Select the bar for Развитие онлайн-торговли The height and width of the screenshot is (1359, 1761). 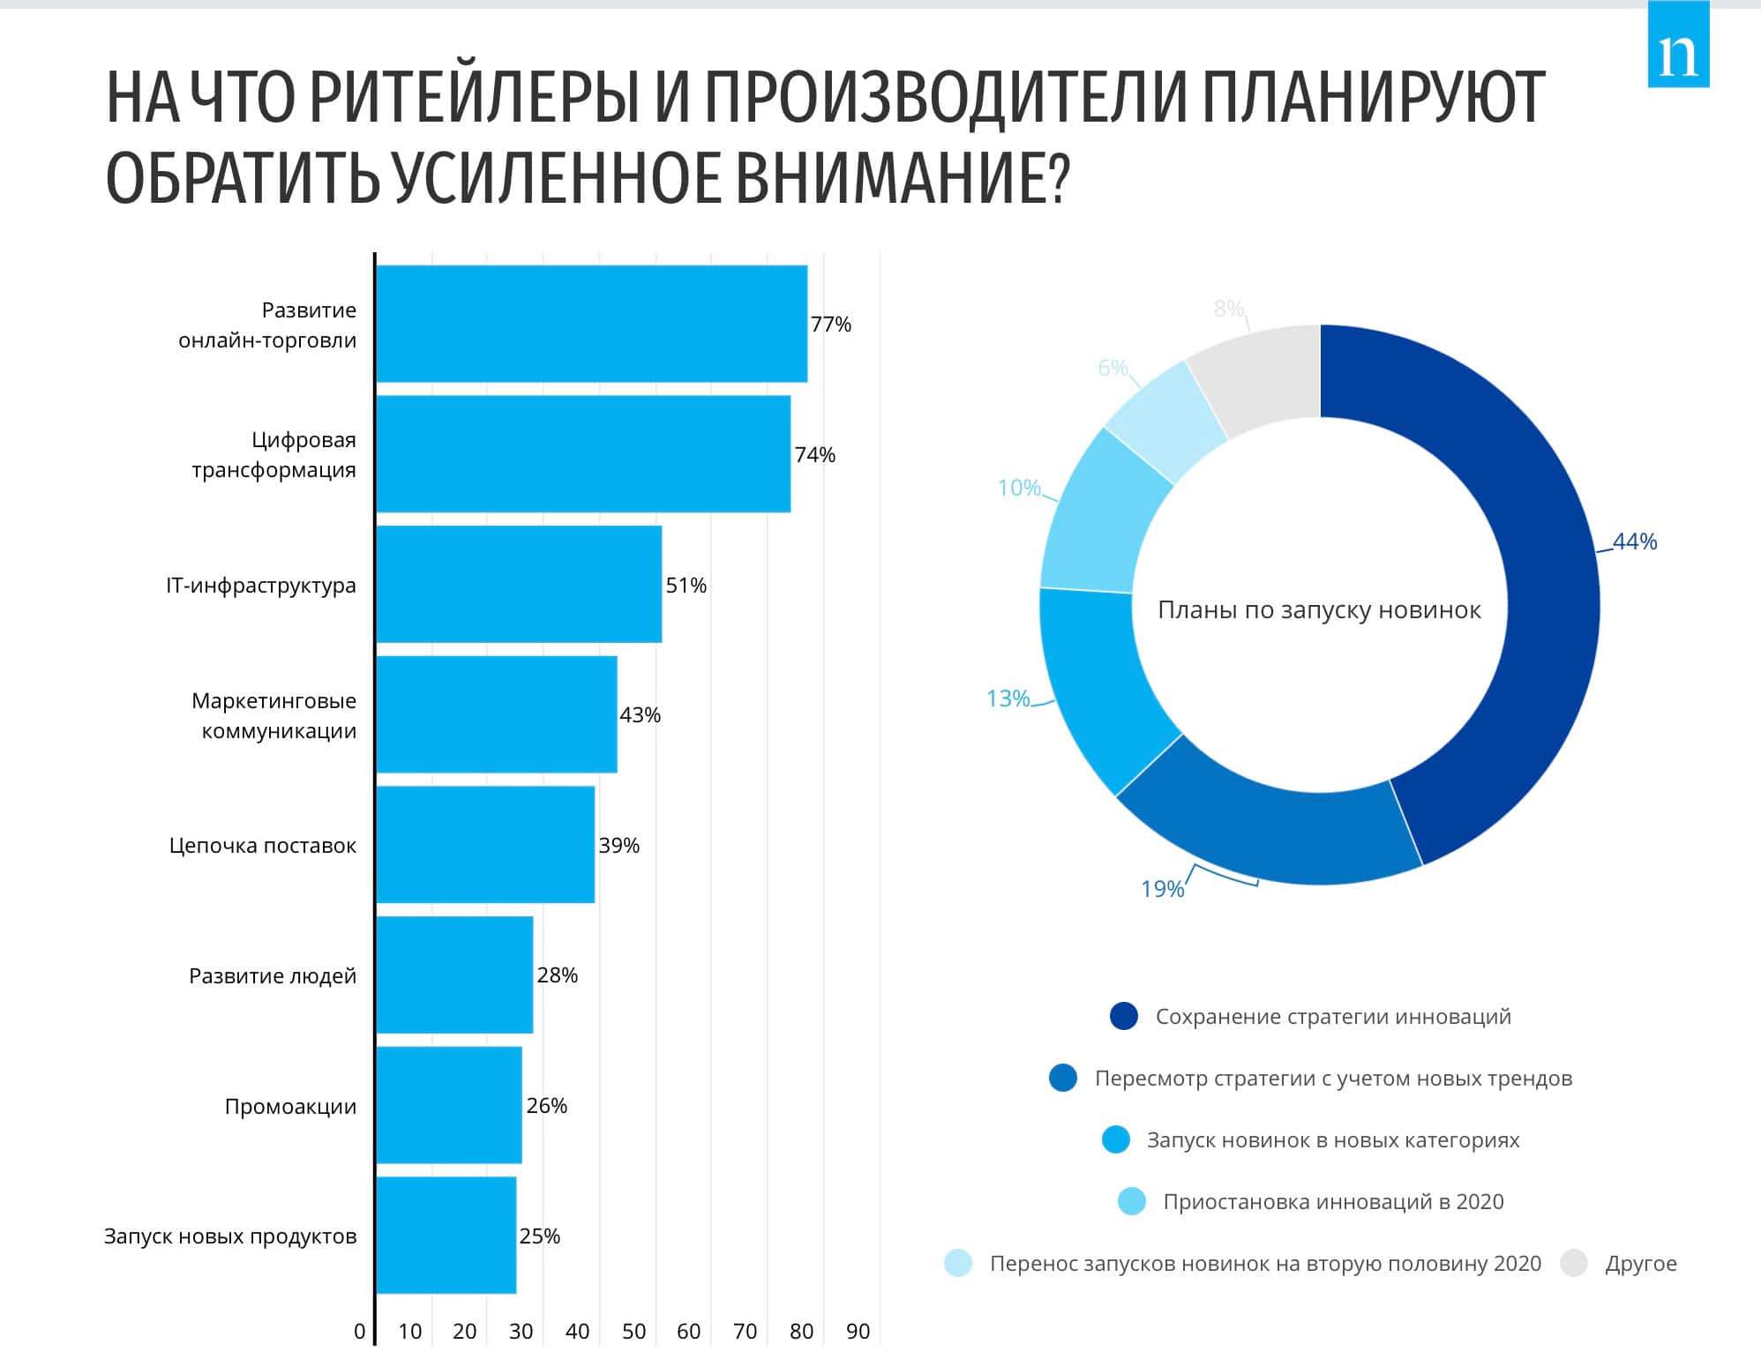(x=591, y=324)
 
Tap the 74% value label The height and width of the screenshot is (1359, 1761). (x=814, y=455)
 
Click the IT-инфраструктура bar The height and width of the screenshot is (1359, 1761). (x=519, y=584)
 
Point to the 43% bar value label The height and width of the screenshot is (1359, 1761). (x=640, y=715)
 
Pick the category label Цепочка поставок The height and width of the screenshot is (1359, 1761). (x=263, y=846)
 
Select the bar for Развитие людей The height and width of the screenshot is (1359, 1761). (x=454, y=974)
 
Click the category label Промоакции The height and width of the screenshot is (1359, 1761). (x=290, y=1106)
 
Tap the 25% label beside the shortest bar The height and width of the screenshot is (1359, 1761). (x=539, y=1236)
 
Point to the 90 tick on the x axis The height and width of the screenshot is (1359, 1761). (x=858, y=1332)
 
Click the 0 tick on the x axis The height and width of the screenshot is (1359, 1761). (x=359, y=1332)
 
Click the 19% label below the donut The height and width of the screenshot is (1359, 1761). (x=1162, y=889)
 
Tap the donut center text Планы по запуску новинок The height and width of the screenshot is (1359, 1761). (x=1319, y=610)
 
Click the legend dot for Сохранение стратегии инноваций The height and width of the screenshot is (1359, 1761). (x=1124, y=1016)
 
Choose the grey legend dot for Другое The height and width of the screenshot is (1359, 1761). (x=1574, y=1263)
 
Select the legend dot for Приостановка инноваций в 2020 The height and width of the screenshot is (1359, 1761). (x=1131, y=1201)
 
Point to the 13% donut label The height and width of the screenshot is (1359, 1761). (x=1008, y=698)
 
